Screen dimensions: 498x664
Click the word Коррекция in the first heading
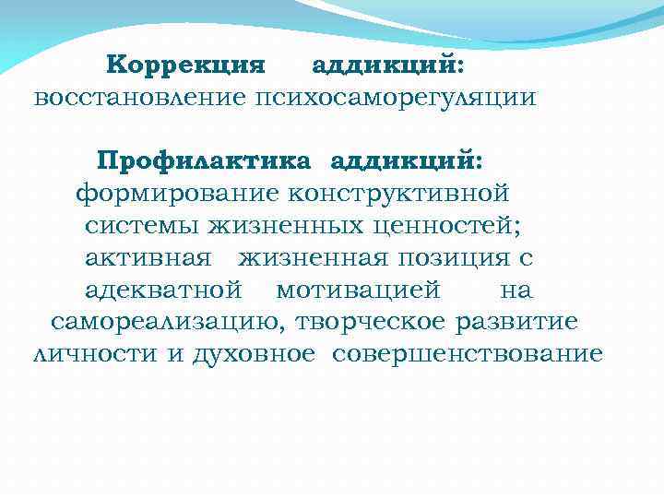(x=185, y=65)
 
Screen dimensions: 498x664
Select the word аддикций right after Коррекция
(x=387, y=65)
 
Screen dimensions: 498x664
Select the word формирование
(x=177, y=194)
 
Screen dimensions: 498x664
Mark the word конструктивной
(x=398, y=194)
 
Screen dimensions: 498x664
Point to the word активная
(x=148, y=257)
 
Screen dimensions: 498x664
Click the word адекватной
(x=163, y=290)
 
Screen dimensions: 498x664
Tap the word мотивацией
(x=358, y=290)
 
